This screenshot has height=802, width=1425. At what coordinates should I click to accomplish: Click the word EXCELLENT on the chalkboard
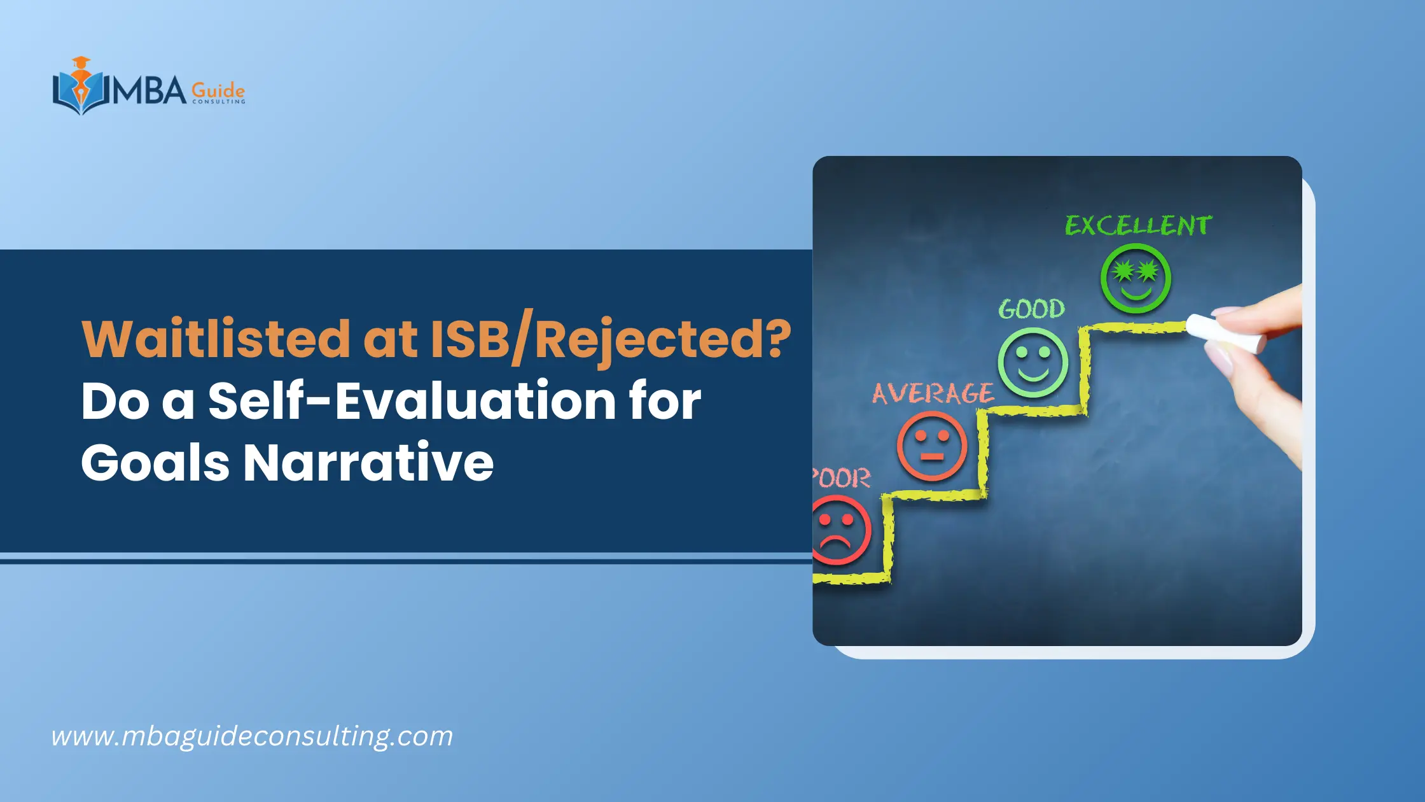[x=1138, y=226]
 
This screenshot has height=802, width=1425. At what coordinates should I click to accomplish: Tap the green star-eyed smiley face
[x=1136, y=278]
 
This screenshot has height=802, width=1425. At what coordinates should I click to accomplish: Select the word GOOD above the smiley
[x=1031, y=309]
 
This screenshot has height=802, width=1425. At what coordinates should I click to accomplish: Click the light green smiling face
[x=1032, y=362]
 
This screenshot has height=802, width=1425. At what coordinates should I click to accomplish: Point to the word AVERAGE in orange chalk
[x=933, y=393]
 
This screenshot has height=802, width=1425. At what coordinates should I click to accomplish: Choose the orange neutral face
[x=932, y=446]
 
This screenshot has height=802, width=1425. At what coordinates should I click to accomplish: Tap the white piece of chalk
[x=1225, y=334]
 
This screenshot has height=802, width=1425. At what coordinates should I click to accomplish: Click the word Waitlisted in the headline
[x=216, y=338]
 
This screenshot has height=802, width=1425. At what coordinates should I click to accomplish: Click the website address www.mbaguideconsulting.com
[x=252, y=736]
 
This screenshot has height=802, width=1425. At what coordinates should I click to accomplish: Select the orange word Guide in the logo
[x=218, y=90]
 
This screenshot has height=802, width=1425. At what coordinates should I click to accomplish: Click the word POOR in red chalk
[x=841, y=479]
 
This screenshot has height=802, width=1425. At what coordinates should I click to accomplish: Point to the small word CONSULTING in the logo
[x=218, y=102]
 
